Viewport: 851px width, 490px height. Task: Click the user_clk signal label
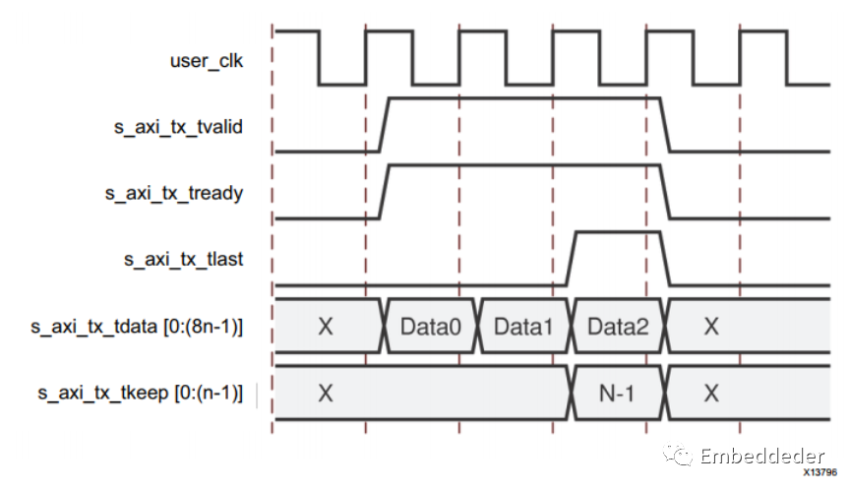207,61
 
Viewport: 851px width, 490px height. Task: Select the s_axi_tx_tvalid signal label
178,127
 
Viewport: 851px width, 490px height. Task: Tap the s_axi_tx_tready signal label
174,193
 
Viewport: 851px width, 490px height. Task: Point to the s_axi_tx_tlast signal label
183,260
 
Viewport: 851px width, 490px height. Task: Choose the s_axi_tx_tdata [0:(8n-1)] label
137,327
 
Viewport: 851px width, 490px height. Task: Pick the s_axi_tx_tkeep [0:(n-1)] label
141,393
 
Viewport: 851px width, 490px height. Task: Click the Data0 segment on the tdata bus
431,327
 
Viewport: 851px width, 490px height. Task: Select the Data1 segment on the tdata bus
524,327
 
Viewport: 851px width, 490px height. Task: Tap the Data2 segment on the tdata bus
618,327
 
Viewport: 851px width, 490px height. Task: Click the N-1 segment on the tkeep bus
617,394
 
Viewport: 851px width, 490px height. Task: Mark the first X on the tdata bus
326,327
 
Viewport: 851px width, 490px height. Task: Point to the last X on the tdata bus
711,327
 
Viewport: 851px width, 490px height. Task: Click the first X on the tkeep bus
326,394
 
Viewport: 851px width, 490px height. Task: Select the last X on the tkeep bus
711,394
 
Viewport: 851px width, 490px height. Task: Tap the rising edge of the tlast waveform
572,259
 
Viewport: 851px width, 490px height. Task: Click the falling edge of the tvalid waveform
665,125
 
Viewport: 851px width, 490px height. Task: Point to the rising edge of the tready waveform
385,192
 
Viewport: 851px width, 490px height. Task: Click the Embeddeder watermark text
762,456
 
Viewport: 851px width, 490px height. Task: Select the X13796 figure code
821,472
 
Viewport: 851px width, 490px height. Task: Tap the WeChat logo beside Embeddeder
678,455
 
